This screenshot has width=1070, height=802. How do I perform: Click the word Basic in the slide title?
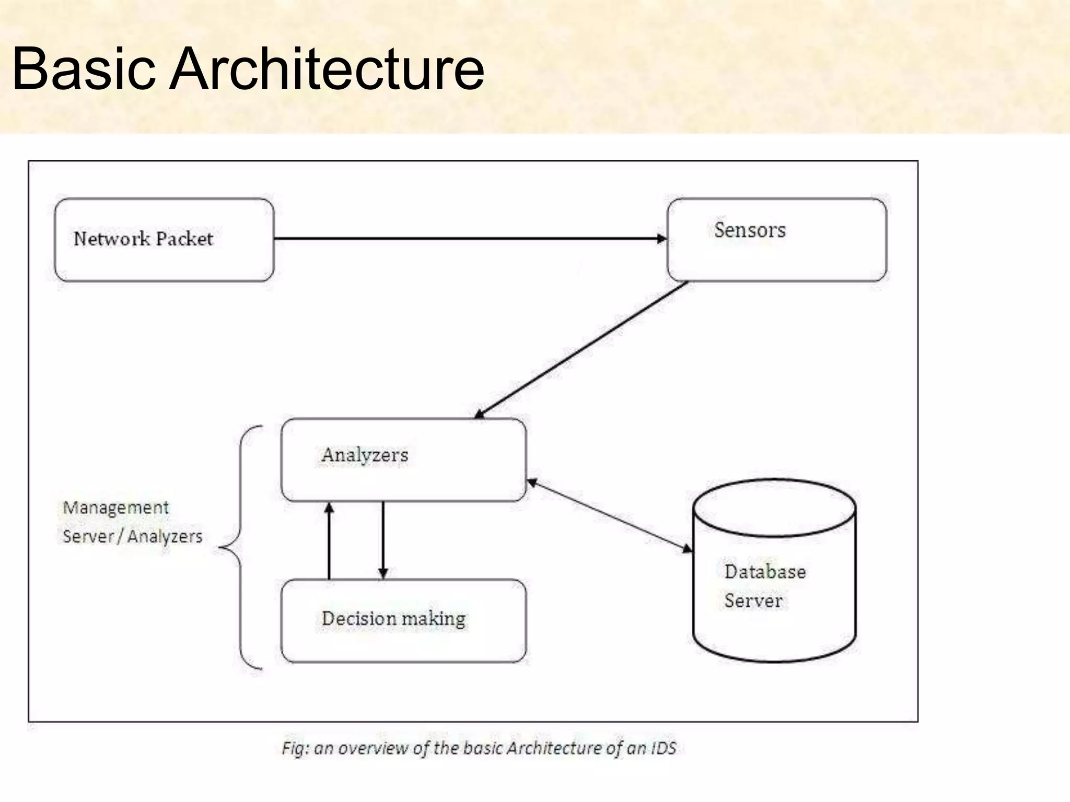(x=84, y=69)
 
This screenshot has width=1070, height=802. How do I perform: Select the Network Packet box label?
(x=143, y=239)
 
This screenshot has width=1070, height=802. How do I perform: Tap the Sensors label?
(x=750, y=230)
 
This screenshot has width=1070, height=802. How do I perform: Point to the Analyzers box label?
(x=365, y=455)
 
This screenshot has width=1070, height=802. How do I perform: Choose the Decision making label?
(x=393, y=619)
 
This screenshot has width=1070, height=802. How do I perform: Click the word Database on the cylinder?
(x=765, y=572)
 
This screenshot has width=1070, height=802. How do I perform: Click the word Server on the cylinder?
(x=753, y=600)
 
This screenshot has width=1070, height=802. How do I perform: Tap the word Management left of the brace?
(x=115, y=508)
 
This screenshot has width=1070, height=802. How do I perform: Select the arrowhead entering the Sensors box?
(x=662, y=239)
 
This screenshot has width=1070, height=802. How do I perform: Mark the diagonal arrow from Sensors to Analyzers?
(x=580, y=350)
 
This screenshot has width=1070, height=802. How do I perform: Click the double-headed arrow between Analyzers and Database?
(x=609, y=515)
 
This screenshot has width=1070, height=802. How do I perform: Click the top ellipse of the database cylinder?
(x=774, y=508)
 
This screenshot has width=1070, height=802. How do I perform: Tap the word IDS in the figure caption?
(x=664, y=748)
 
